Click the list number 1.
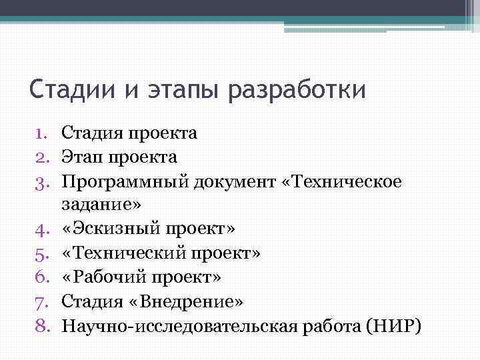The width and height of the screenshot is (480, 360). pyautogui.click(x=43, y=133)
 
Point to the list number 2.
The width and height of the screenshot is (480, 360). pyautogui.click(x=43, y=157)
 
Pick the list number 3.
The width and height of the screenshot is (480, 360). pyautogui.click(x=43, y=181)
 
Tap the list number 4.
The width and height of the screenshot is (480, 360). pyautogui.click(x=43, y=230)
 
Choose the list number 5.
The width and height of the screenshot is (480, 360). pyautogui.click(x=43, y=254)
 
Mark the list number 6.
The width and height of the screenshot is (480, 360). pyautogui.click(x=43, y=278)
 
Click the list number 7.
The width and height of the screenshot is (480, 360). pyautogui.click(x=43, y=302)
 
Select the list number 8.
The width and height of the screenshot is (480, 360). pyautogui.click(x=43, y=326)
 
